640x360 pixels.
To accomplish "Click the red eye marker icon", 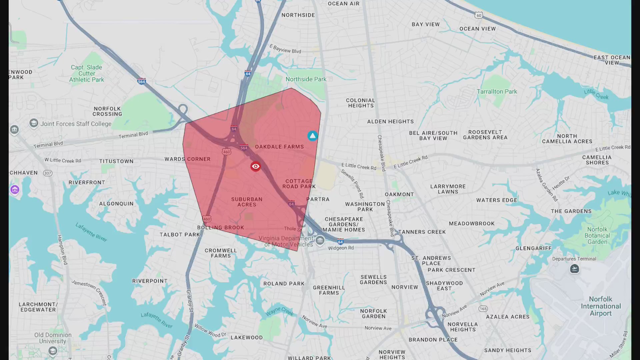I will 256,166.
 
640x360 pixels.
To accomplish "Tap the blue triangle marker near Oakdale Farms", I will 312,136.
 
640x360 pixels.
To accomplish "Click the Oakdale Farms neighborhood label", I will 279,147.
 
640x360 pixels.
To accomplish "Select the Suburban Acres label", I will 247,202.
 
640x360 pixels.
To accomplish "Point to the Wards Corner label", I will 187,159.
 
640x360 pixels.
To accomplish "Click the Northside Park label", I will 306,79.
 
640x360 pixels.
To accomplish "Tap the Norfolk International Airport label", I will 601,306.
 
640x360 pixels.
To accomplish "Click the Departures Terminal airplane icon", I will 574,269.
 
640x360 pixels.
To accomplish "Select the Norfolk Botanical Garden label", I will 597,236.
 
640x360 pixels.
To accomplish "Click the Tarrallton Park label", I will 497,92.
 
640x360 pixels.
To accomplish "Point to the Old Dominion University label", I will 53,338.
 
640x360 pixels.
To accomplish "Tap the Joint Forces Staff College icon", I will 34,123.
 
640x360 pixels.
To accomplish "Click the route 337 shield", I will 48,173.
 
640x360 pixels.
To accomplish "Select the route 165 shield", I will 483,309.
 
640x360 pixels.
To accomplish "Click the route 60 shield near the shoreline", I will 479,15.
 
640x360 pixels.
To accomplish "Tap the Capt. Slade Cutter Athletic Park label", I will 87,73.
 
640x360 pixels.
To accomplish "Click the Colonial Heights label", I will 361,103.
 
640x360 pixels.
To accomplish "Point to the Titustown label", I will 116,161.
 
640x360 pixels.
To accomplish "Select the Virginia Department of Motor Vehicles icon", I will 320,240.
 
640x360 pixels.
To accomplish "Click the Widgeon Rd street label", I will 341,248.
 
